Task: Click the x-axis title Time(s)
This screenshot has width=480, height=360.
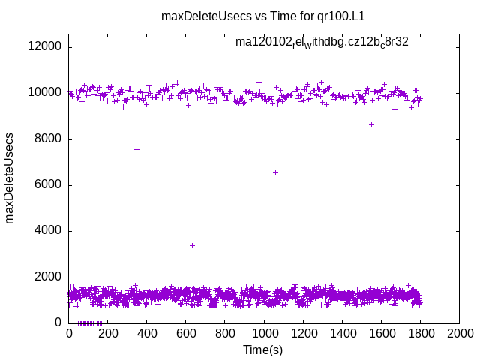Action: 262,349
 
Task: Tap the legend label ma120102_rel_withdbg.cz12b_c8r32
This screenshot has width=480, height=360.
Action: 322,43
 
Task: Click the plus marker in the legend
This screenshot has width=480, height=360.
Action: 430,43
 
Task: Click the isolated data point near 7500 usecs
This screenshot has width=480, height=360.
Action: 136,149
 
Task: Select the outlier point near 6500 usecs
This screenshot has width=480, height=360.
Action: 275,172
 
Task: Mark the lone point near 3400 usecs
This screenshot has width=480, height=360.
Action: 192,245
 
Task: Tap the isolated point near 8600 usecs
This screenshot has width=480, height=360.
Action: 371,124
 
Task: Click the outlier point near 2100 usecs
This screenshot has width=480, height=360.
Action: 172,274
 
